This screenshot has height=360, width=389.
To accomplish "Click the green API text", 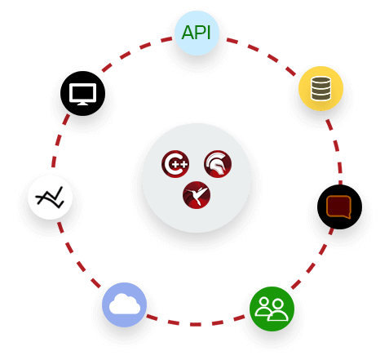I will (197, 33).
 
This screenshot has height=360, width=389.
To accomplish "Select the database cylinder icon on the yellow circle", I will (320, 88).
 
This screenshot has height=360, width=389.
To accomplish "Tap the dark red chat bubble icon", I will (338, 206).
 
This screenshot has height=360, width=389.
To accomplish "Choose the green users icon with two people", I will (272, 309).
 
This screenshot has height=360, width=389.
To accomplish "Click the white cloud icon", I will (124, 304).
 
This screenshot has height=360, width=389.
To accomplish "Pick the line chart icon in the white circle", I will (50, 197).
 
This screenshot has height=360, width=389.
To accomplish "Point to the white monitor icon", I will (82, 93).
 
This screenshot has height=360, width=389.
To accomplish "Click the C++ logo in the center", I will (175, 164).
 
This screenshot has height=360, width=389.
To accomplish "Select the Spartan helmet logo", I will (218, 164).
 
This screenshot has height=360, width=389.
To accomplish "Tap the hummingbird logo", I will (197, 195).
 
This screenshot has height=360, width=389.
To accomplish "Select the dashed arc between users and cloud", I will (196, 324).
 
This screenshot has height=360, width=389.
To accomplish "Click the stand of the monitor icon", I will (82, 103).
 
